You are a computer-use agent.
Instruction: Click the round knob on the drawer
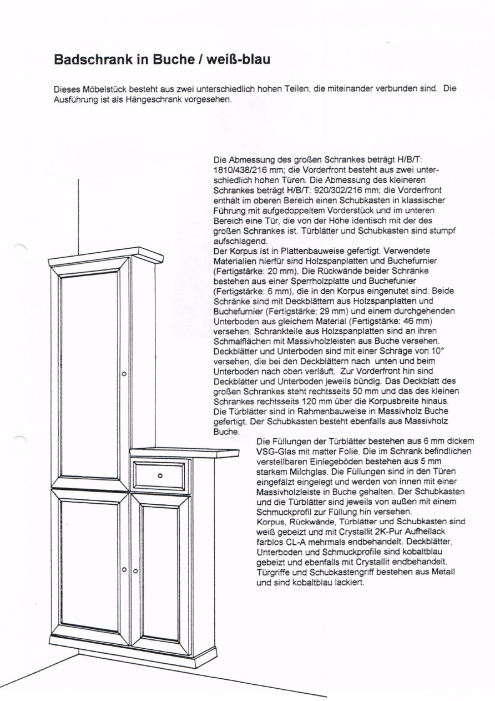pyautogui.click(x=160, y=475)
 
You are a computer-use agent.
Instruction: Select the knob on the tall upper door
pyautogui.click(x=124, y=374)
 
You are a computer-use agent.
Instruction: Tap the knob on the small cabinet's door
pyautogui.click(x=135, y=570)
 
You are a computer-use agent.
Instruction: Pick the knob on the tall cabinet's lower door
pyautogui.click(x=124, y=570)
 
